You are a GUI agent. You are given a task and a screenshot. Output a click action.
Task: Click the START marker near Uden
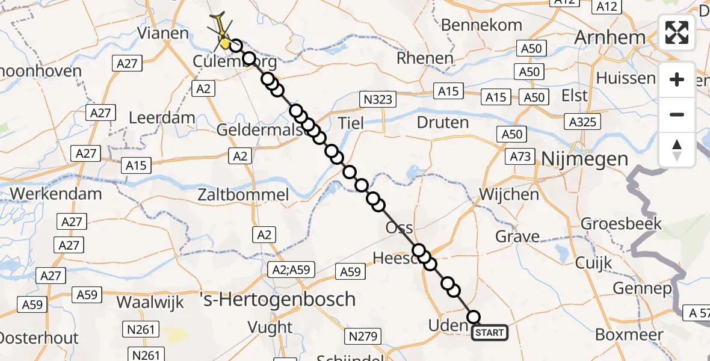pyautogui.click(x=490, y=332)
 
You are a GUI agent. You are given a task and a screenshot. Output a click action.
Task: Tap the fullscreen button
pyautogui.click(x=677, y=32)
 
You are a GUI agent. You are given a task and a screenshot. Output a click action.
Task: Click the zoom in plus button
pyautogui.click(x=677, y=79)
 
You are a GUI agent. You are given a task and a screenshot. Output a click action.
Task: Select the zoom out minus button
pyautogui.click(x=677, y=114)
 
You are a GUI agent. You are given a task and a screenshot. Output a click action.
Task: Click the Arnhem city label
pyautogui.click(x=610, y=37)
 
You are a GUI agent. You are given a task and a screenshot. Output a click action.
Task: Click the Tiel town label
pyautogui.click(x=351, y=123)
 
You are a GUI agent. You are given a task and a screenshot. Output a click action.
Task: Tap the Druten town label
pyautogui.click(x=442, y=123)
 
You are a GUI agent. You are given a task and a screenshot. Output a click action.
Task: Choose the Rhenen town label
pyautogui.click(x=425, y=58)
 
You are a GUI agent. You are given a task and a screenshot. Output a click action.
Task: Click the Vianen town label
pyautogui.click(x=163, y=32)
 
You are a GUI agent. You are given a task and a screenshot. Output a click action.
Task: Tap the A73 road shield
pyautogui.click(x=520, y=156)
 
